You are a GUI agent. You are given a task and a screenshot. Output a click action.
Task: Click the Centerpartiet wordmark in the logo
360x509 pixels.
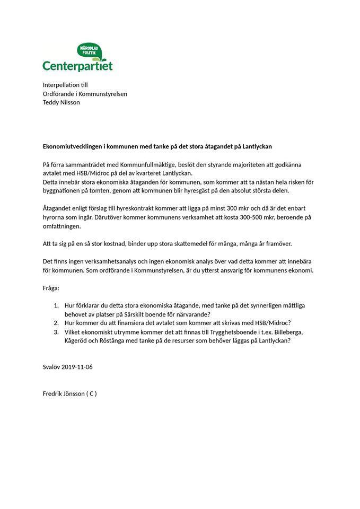pyautogui.click(x=77, y=66)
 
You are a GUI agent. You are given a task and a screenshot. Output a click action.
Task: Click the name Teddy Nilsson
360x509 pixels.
pyautogui.click(x=62, y=102)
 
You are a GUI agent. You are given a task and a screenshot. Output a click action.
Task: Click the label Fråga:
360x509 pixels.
pyautogui.click(x=51, y=287)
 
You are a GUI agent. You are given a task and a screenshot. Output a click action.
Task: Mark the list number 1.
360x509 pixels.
pyautogui.click(x=56, y=305)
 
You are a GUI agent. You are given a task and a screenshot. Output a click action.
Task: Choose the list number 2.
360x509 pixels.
pyautogui.click(x=56, y=323)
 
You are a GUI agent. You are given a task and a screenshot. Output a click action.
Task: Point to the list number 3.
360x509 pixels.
pyautogui.click(x=56, y=332)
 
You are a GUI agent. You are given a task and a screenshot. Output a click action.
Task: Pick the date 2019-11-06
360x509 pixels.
pyautogui.click(x=77, y=367)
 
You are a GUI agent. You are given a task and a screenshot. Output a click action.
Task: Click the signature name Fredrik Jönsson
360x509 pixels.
pyautogui.click(x=63, y=393)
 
